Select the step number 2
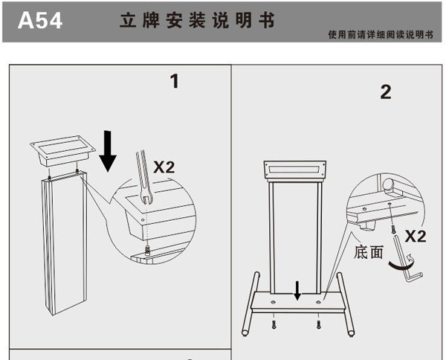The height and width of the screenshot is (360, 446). coord(385,92)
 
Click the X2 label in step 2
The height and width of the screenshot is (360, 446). coord(414,237)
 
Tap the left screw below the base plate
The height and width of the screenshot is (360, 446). coord(274,324)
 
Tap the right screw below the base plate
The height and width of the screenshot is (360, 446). coord(319,324)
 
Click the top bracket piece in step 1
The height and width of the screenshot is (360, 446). coord(64,152)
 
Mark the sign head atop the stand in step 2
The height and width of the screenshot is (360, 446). coord(297,170)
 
